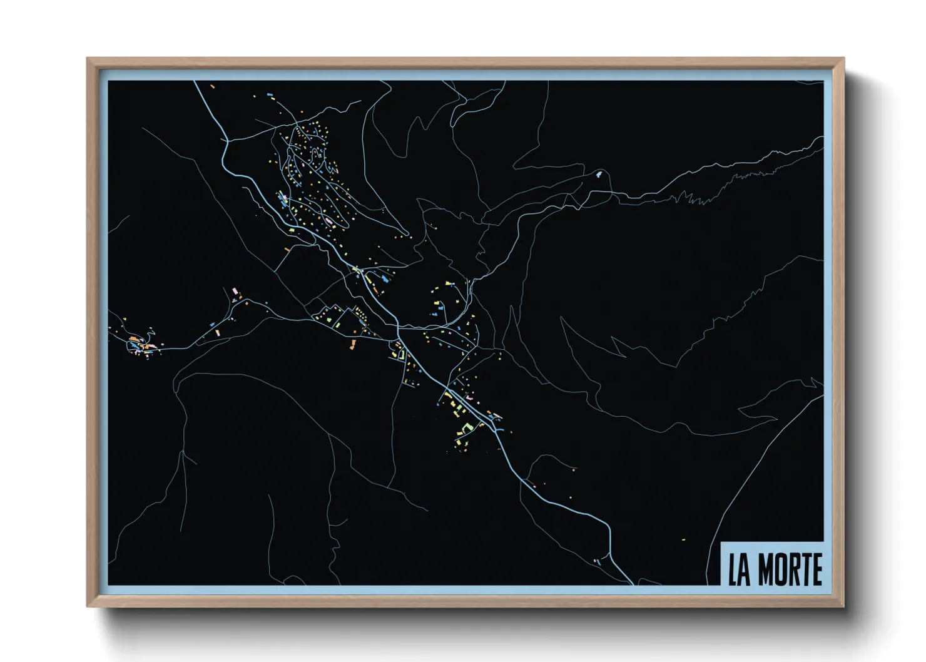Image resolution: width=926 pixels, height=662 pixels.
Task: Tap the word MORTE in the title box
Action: click(x=790, y=570)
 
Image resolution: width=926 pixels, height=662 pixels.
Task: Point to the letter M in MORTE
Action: click(x=765, y=570)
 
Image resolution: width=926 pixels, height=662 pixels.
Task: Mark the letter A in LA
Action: click(x=745, y=570)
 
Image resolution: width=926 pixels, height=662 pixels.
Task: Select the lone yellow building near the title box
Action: click(x=683, y=539)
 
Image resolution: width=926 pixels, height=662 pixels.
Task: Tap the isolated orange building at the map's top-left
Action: click(x=213, y=86)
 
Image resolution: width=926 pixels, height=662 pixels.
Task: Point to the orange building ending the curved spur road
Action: click(x=574, y=469)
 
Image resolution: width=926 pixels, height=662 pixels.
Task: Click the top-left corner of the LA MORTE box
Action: click(x=722, y=541)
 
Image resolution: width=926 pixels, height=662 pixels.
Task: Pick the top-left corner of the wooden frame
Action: click(x=87, y=58)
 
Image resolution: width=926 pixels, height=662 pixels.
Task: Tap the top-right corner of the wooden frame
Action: click(x=844, y=58)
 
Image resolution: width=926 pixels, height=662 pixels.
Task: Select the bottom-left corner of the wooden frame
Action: click(x=87, y=606)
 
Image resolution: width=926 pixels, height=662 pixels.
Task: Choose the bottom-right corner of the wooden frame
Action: click(x=844, y=606)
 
